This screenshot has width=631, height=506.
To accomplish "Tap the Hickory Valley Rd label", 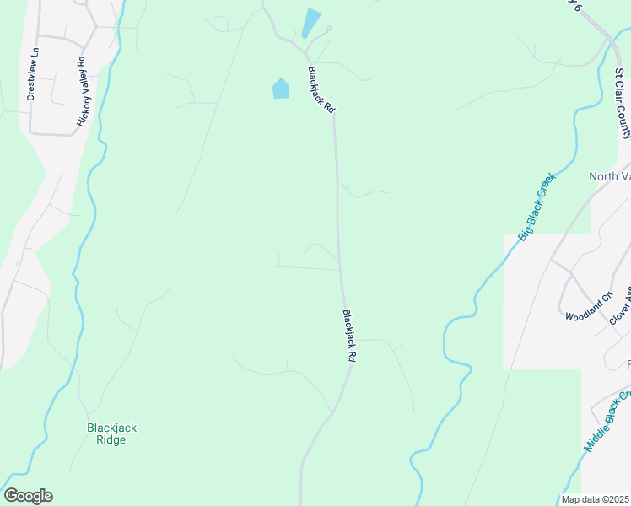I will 82,92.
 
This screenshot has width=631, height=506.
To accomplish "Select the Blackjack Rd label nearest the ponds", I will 321,91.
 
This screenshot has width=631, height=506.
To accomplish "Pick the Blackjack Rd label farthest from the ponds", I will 349,336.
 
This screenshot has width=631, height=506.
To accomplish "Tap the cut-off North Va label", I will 609,176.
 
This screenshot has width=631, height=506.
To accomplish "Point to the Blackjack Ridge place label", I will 111,433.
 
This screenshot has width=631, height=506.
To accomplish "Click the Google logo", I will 28,496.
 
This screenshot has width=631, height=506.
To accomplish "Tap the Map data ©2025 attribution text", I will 596,499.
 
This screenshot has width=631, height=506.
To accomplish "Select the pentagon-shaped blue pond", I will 281,88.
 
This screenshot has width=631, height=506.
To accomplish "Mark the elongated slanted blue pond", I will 311,22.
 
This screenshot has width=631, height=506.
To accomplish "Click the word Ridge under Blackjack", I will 111,439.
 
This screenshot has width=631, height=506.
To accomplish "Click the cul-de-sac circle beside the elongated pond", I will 328,29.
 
